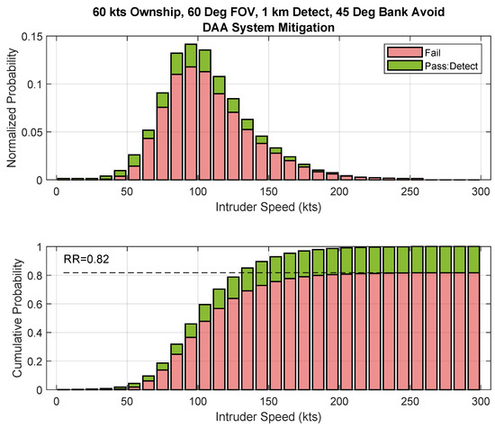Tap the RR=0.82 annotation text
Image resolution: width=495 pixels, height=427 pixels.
point(85,260)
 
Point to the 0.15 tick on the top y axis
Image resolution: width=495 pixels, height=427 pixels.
point(38,36)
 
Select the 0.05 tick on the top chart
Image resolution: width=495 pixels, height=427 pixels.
point(38,132)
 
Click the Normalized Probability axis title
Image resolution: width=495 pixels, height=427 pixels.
point(13,108)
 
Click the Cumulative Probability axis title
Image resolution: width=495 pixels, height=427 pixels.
point(13,317)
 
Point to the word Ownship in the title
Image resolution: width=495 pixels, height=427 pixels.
point(144,11)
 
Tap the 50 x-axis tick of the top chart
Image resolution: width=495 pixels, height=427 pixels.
point(126,191)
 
